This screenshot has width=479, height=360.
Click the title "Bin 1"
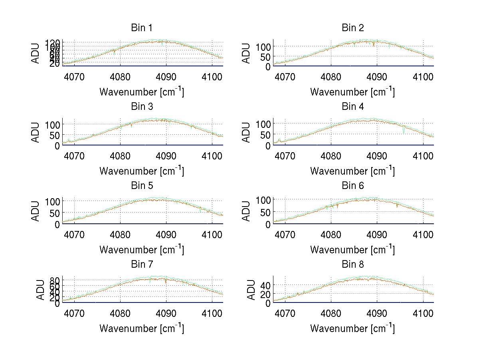142,28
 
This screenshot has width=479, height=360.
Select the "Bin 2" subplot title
353,28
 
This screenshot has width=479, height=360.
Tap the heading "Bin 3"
142,107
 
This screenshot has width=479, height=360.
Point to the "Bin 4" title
353,107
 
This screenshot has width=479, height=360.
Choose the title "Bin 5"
142,186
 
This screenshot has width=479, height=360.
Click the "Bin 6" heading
353,186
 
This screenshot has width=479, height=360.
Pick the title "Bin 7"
142,265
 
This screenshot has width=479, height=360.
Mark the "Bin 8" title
353,265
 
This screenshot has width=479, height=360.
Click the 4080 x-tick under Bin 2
331,76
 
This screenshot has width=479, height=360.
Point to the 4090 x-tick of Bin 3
166,155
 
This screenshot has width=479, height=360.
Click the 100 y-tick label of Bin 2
263,46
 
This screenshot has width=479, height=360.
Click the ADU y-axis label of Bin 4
247,133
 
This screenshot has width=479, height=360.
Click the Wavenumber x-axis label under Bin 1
142,92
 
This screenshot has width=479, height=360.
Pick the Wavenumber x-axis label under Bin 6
353,250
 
